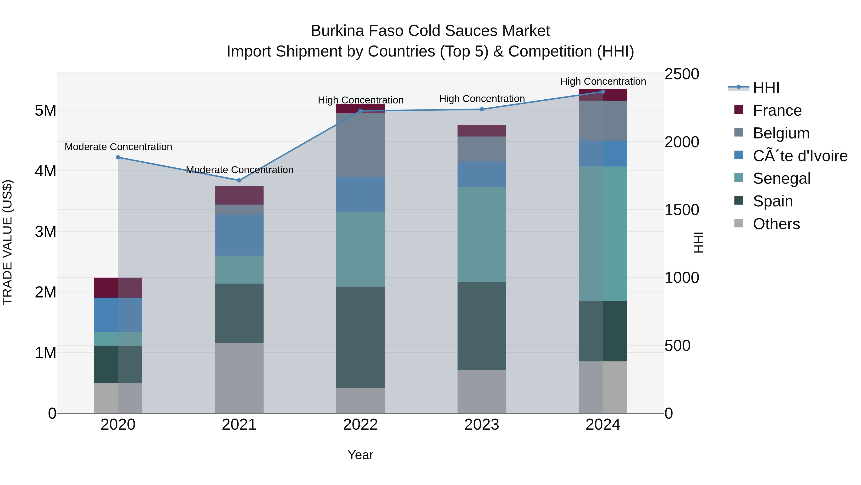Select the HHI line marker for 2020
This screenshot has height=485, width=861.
click(118, 157)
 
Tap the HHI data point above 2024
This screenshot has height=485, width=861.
click(603, 91)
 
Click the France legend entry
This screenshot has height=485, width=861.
click(777, 110)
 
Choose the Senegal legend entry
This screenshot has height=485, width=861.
click(781, 178)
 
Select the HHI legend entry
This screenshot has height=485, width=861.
click(766, 88)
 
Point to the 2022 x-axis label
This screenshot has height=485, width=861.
click(360, 425)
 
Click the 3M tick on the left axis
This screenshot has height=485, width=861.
click(45, 232)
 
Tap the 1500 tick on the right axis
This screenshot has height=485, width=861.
click(682, 210)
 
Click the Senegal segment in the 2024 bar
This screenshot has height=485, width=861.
click(603, 234)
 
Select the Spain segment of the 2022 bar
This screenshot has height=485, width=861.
click(360, 337)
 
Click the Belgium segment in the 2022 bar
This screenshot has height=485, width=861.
click(360, 145)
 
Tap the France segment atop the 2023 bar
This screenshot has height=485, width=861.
click(482, 131)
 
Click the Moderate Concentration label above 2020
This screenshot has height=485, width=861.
click(118, 147)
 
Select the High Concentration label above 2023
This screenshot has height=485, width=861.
click(482, 99)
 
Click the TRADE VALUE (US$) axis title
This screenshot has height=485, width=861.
click(7, 243)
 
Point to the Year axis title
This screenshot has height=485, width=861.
click(360, 455)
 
